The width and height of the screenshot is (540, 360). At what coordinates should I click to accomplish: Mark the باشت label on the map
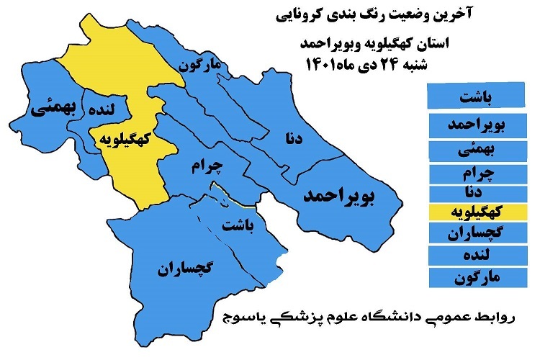[239, 228]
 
